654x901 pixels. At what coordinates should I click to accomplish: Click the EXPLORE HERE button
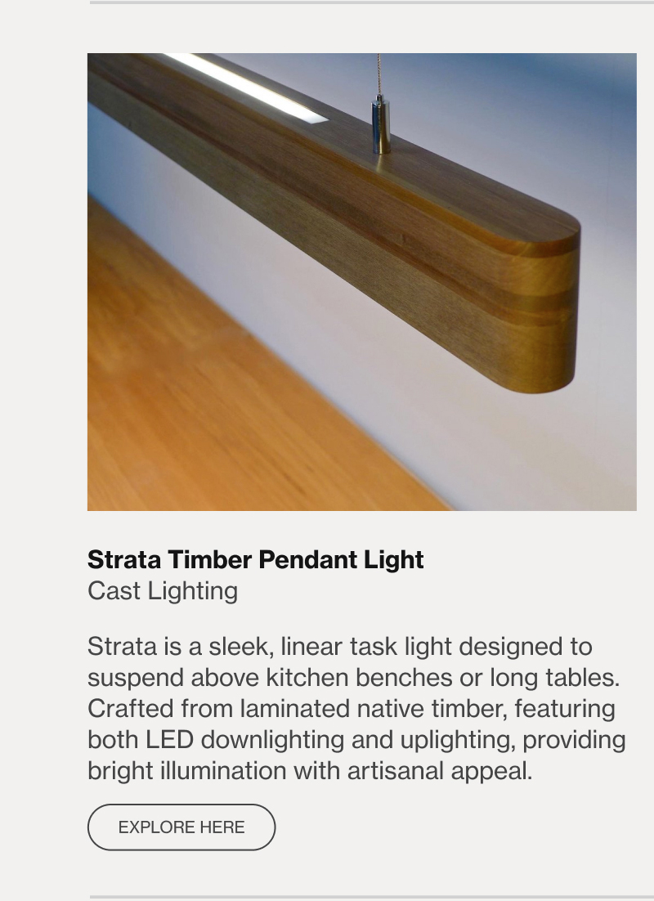[x=181, y=827]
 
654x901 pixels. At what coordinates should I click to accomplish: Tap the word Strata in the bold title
[x=124, y=560]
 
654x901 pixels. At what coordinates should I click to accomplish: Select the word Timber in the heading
[x=210, y=560]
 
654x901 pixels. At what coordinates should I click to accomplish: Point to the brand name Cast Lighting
[x=163, y=591]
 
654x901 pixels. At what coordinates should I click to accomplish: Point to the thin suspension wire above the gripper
[x=379, y=74]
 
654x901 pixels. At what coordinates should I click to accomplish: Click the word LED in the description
[x=169, y=740]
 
